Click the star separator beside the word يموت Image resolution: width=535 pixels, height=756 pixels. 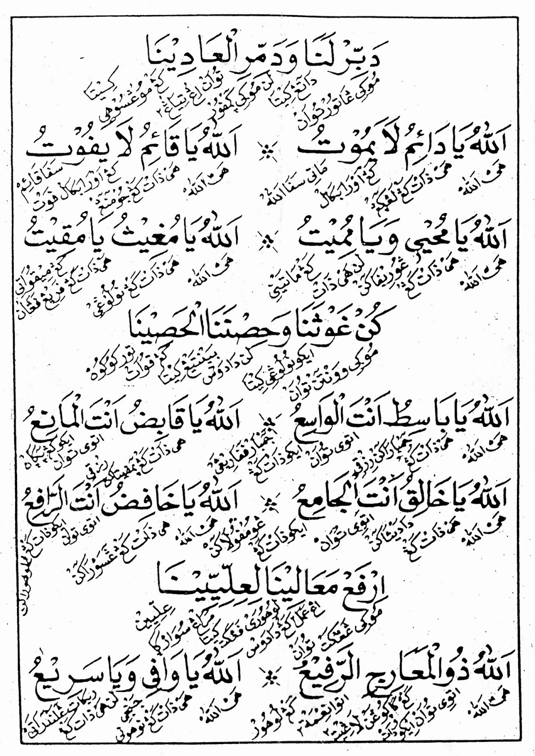click(268, 149)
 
